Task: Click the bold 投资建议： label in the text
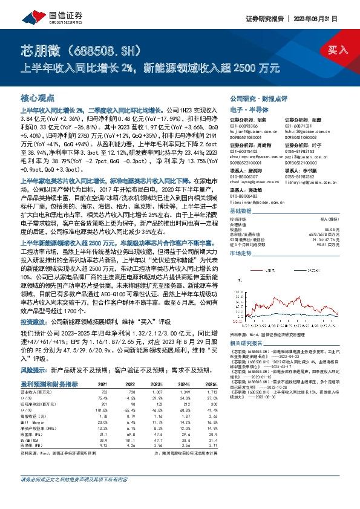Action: (x=36, y=322)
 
